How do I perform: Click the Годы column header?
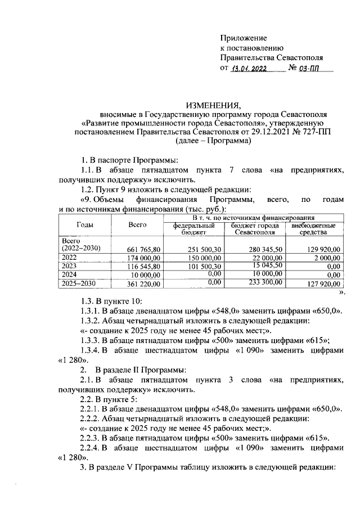point(85,224)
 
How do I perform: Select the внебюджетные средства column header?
point(313,228)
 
